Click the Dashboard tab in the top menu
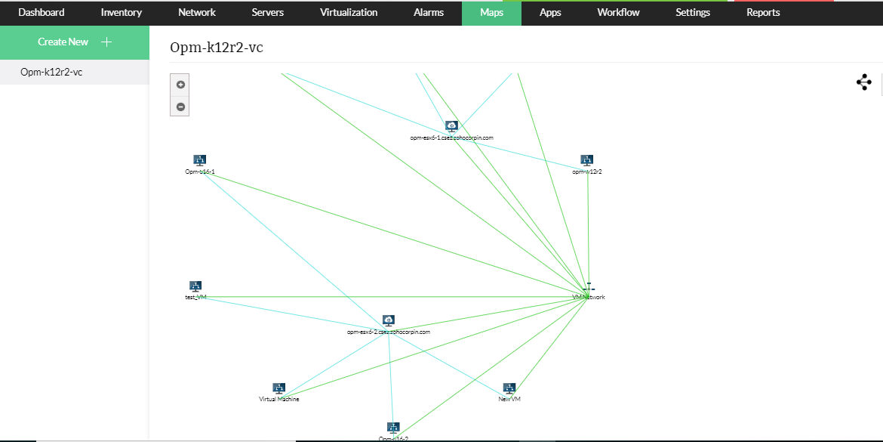[x=42, y=13]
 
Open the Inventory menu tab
[x=122, y=13]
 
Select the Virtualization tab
[x=349, y=13]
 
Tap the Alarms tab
[x=429, y=13]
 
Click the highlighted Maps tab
[x=491, y=13]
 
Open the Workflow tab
[x=618, y=13]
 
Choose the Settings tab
[x=693, y=13]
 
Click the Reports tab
[x=763, y=13]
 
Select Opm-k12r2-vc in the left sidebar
[x=51, y=73]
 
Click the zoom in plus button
[x=181, y=85]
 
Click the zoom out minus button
[x=181, y=107]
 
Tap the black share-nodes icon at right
[x=864, y=83]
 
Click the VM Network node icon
[x=589, y=287]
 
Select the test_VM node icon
[x=195, y=286]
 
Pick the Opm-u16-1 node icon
[x=200, y=160]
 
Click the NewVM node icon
[x=509, y=388]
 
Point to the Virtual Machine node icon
[x=279, y=388]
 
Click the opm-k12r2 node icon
[x=587, y=160]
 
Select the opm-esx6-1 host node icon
[x=451, y=126]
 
